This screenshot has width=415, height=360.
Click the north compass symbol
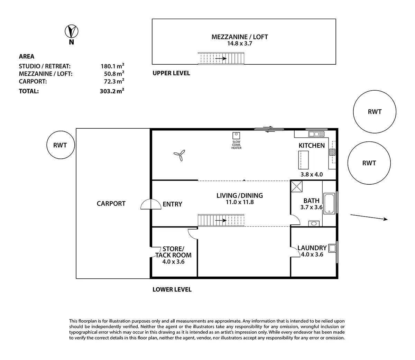72,31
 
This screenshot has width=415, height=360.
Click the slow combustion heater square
237,135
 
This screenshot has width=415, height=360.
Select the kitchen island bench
303,159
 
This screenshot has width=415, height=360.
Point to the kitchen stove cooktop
332,151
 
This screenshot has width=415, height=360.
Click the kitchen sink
316,134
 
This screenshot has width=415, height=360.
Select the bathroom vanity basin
314,223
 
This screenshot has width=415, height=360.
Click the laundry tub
332,248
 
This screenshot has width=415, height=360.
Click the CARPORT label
111,204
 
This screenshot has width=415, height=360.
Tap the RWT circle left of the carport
61,145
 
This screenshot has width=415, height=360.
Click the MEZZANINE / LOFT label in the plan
240,37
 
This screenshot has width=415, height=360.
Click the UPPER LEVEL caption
171,73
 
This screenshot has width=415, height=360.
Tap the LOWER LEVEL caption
172,289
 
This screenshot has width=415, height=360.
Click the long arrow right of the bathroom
369,217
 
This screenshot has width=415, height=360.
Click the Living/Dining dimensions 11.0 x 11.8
240,202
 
